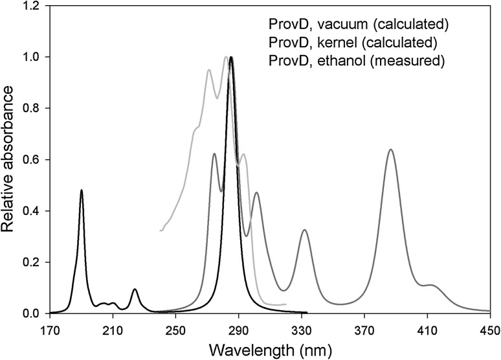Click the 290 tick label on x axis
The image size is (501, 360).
tap(239, 328)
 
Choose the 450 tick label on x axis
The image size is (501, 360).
tap(490, 328)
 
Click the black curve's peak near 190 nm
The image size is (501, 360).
tap(82, 190)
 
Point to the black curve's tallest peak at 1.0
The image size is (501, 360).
tap(231, 57)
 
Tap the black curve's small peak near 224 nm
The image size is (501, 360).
tap(135, 289)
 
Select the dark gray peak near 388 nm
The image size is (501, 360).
tap(390, 150)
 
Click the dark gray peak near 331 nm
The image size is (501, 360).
tap(304, 230)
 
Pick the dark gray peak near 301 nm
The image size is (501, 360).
tap(257, 193)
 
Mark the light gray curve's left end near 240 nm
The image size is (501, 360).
tap(160, 231)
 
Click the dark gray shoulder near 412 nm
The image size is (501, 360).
tap(430, 285)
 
